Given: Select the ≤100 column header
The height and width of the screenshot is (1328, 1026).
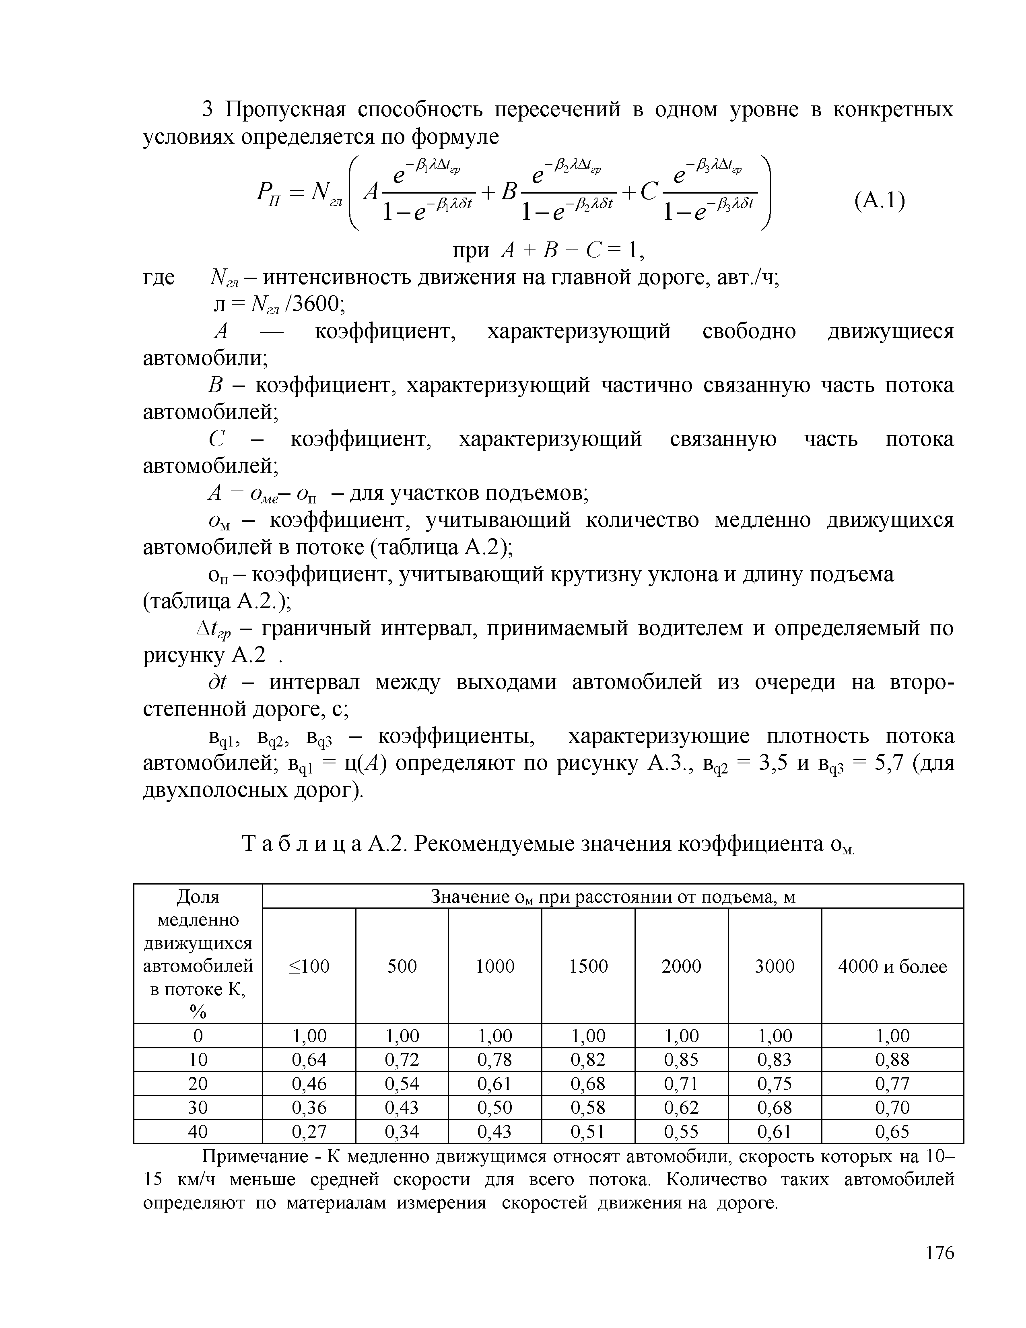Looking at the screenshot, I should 308,966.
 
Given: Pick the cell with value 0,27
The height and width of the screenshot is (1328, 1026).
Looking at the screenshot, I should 308,1132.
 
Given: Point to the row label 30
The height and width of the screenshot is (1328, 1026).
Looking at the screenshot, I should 198,1108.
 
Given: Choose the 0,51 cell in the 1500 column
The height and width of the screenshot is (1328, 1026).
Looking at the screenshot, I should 588,1132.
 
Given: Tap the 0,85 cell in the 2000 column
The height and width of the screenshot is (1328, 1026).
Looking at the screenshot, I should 681,1060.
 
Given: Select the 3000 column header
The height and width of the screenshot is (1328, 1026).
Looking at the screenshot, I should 775,966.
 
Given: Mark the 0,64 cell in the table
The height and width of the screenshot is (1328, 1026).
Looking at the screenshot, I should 308,1060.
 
